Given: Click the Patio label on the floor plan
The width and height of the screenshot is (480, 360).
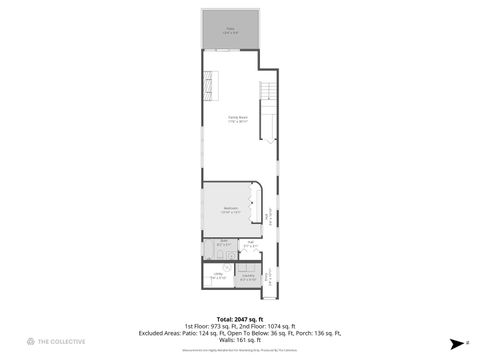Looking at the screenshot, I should [x=230, y=30].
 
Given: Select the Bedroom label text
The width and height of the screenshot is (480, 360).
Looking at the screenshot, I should [x=230, y=209].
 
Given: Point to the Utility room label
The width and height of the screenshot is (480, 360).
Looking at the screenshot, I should [x=217, y=277].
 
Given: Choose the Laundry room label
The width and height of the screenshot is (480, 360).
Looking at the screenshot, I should [x=248, y=277].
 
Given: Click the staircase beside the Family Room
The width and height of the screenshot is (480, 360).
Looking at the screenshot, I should [x=267, y=110].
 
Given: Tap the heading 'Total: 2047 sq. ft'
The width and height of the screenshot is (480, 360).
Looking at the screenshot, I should [x=240, y=318].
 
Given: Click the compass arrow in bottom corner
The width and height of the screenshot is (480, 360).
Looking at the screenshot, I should [x=455, y=342].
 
